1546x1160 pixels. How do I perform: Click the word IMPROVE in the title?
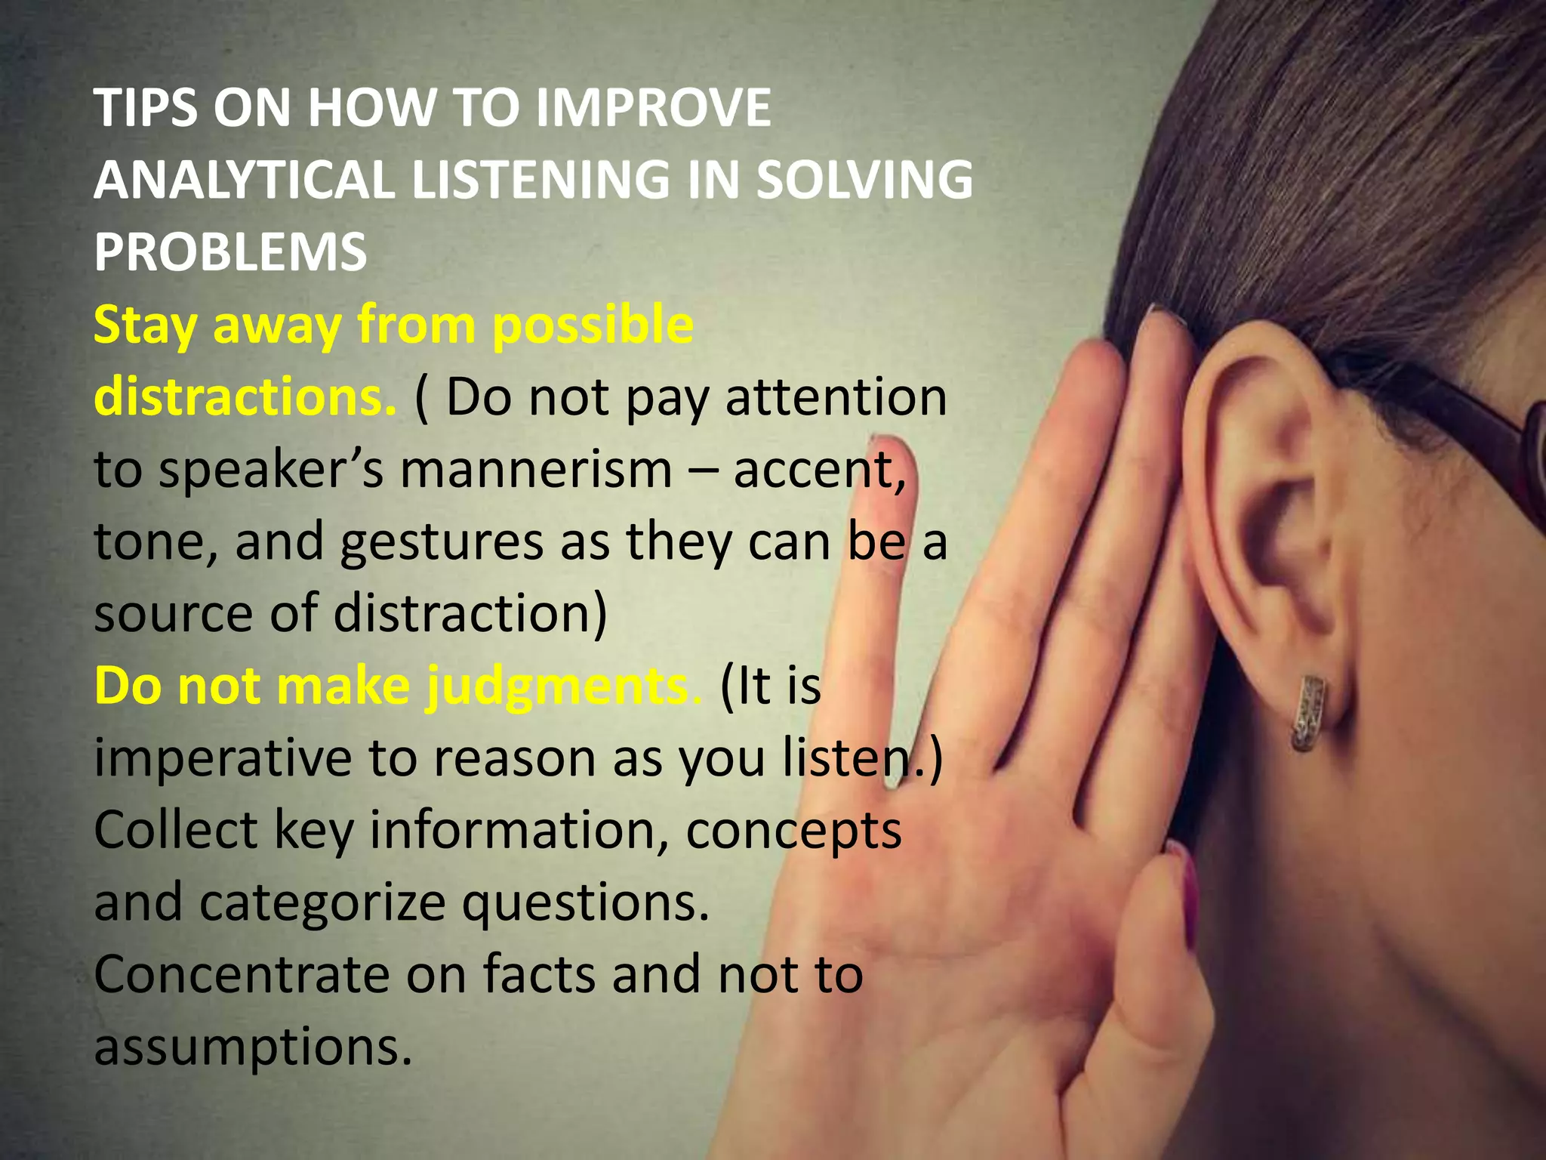click(653, 108)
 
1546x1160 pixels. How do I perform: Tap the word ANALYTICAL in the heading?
click(244, 180)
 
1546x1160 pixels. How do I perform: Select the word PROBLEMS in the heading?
click(230, 251)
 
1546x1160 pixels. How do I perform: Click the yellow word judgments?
click(563, 686)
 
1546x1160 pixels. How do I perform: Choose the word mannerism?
click(536, 469)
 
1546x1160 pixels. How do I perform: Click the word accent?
click(820, 469)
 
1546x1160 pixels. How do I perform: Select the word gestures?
click(441, 541)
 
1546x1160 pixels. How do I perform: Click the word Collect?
click(176, 830)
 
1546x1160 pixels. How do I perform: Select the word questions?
click(586, 903)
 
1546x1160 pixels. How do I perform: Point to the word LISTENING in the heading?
click(540, 180)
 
